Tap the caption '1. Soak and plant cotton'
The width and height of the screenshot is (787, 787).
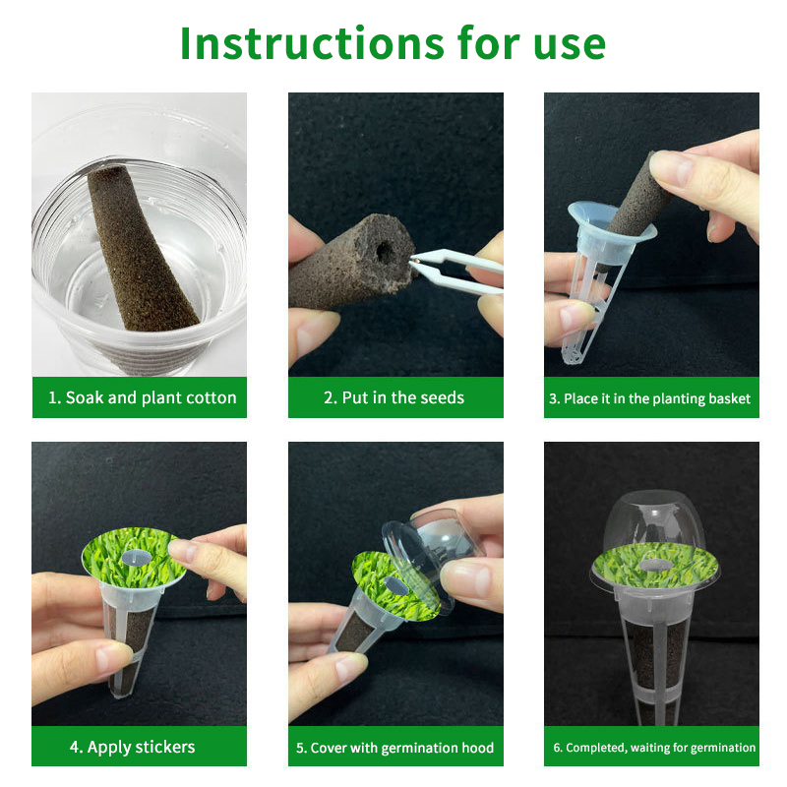tap(142, 397)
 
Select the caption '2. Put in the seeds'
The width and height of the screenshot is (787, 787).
tap(394, 397)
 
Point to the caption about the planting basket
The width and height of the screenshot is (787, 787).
tap(650, 398)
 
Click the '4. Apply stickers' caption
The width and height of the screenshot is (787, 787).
tap(133, 747)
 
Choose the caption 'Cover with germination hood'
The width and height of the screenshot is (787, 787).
tap(395, 748)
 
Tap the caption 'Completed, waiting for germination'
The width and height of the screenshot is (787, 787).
tap(654, 748)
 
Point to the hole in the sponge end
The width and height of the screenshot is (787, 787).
tap(385, 251)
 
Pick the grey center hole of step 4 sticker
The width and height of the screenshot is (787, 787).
tap(137, 556)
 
